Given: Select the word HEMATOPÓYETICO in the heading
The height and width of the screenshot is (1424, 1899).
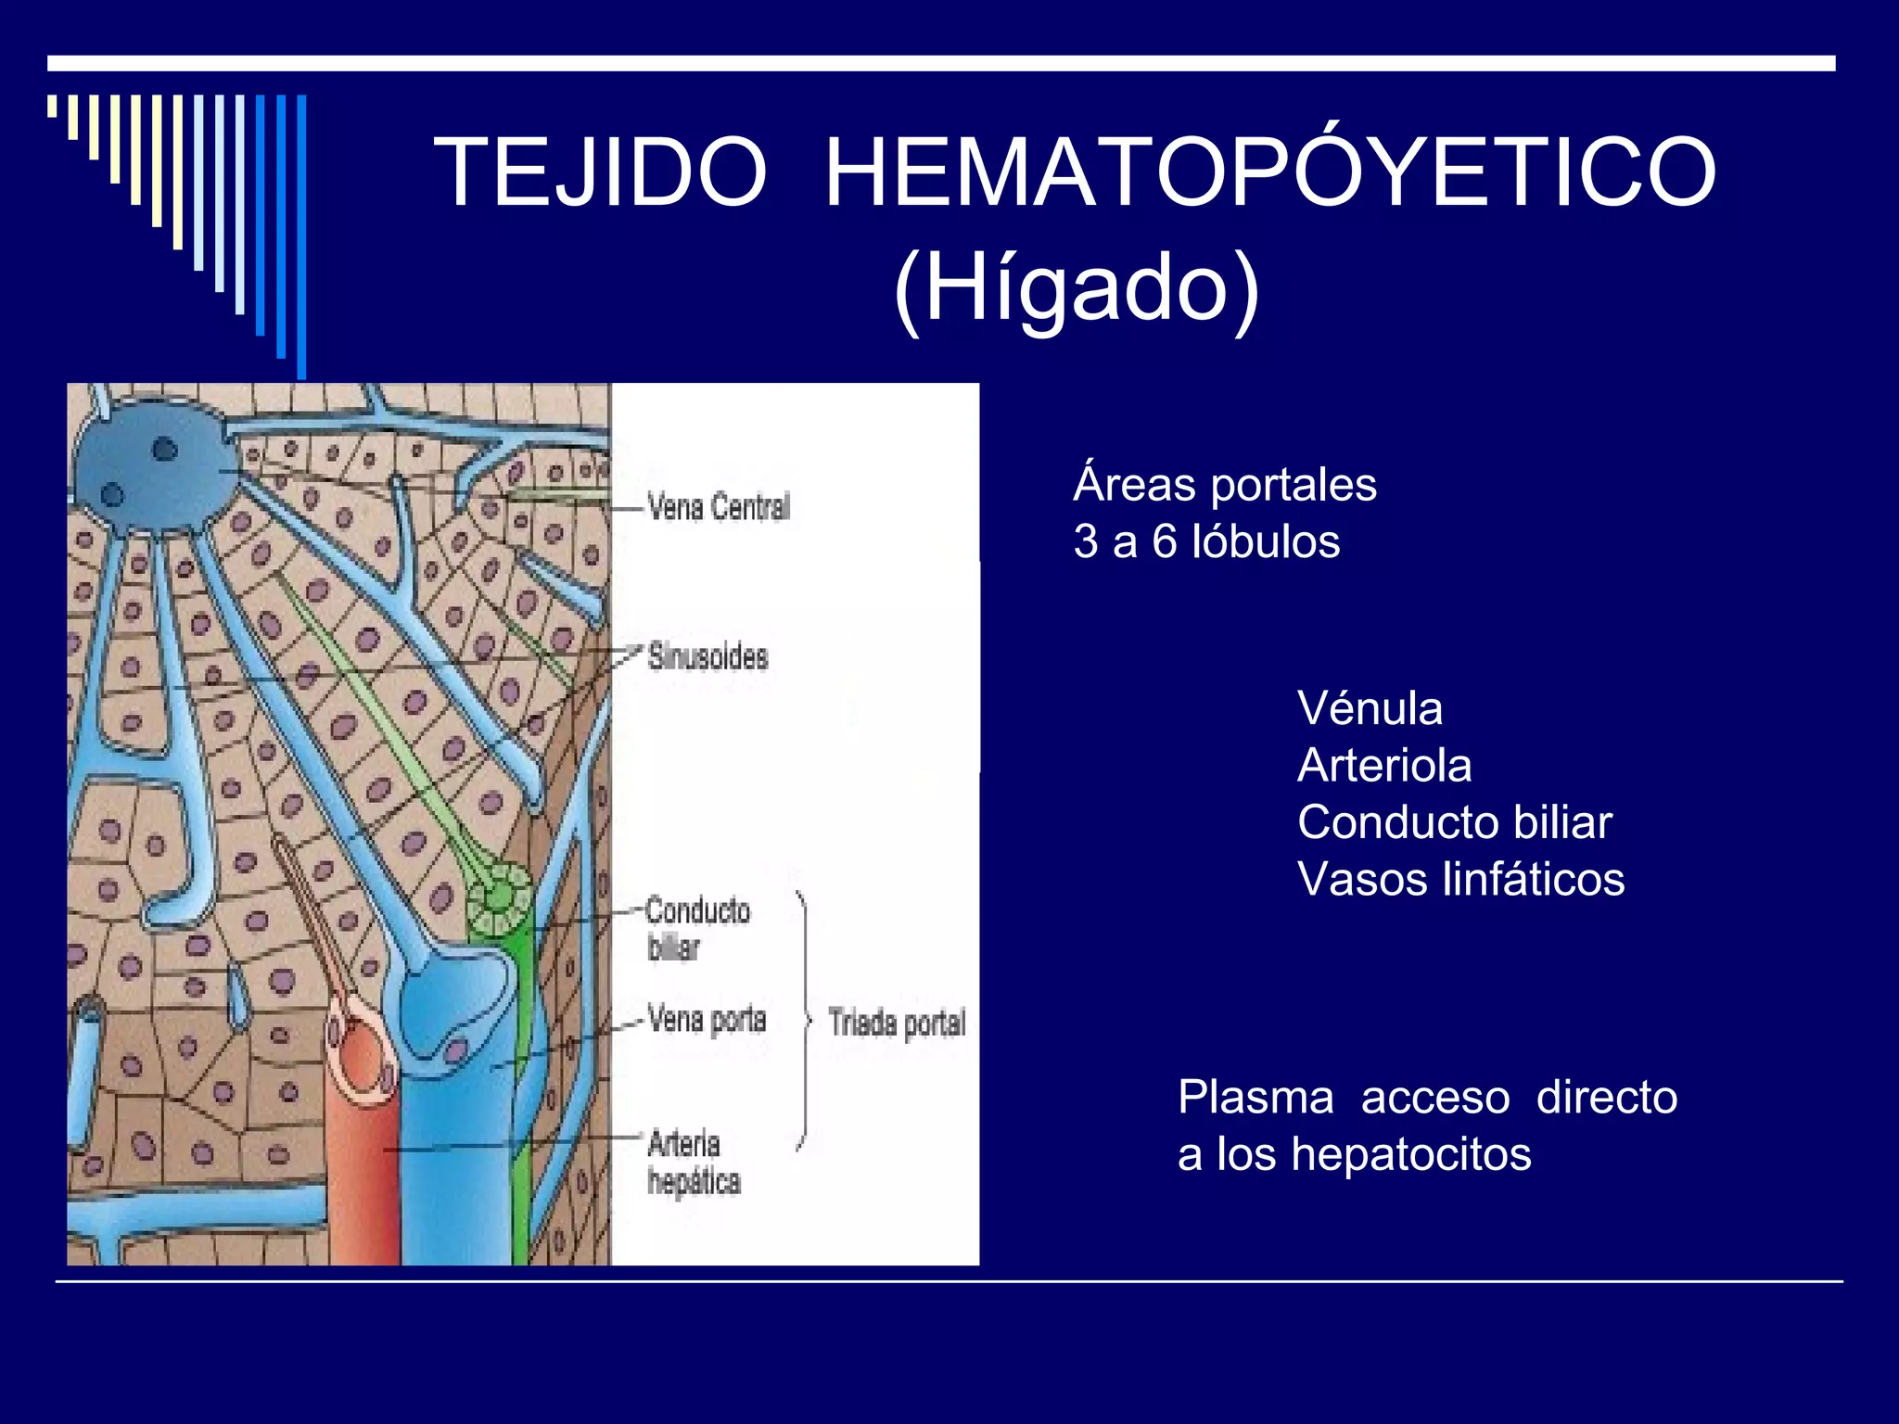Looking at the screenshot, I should (x=1269, y=172).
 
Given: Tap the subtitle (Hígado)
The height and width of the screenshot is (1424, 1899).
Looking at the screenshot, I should (x=1076, y=287).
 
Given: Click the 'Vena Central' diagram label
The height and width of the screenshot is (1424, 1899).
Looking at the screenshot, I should (x=719, y=507).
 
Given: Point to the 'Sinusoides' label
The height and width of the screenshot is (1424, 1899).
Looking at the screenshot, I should (x=707, y=656).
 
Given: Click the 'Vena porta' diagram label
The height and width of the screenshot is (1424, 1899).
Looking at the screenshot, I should (x=707, y=1020).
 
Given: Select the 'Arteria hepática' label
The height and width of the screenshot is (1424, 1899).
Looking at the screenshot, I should (x=694, y=1163).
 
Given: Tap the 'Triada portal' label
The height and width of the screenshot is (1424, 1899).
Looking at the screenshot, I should (x=897, y=1023).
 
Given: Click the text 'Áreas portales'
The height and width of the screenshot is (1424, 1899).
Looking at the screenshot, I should (x=1224, y=484).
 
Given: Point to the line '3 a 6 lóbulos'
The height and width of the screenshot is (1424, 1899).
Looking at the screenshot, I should (x=1206, y=541).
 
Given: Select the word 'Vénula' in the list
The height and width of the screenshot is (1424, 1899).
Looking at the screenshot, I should (x=1370, y=709).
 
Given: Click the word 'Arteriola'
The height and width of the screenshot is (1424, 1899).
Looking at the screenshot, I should (x=1384, y=766).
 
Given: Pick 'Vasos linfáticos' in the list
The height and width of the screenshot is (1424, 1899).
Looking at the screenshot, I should (x=1460, y=880).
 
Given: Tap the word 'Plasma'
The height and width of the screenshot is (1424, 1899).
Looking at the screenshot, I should (x=1255, y=1098).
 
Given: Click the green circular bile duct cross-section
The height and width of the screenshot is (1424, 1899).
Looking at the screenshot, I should (x=500, y=897).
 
